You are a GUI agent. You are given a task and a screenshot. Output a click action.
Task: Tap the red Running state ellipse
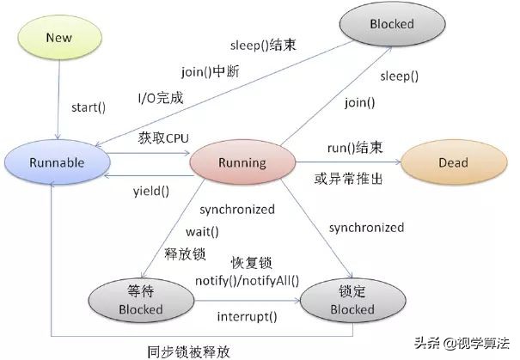tap(242, 162)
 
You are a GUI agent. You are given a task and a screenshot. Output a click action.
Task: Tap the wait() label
tap(203, 231)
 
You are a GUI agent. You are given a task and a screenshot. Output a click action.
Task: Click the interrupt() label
tap(247, 316)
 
